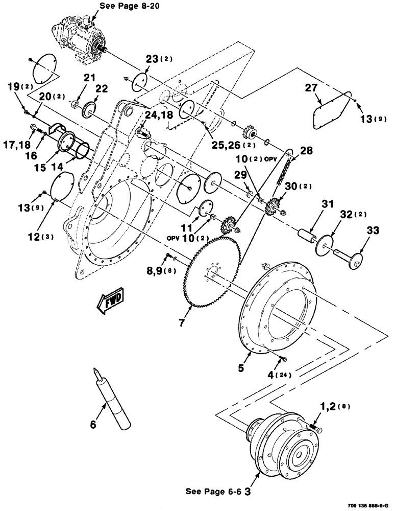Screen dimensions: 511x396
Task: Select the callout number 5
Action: point(245,367)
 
